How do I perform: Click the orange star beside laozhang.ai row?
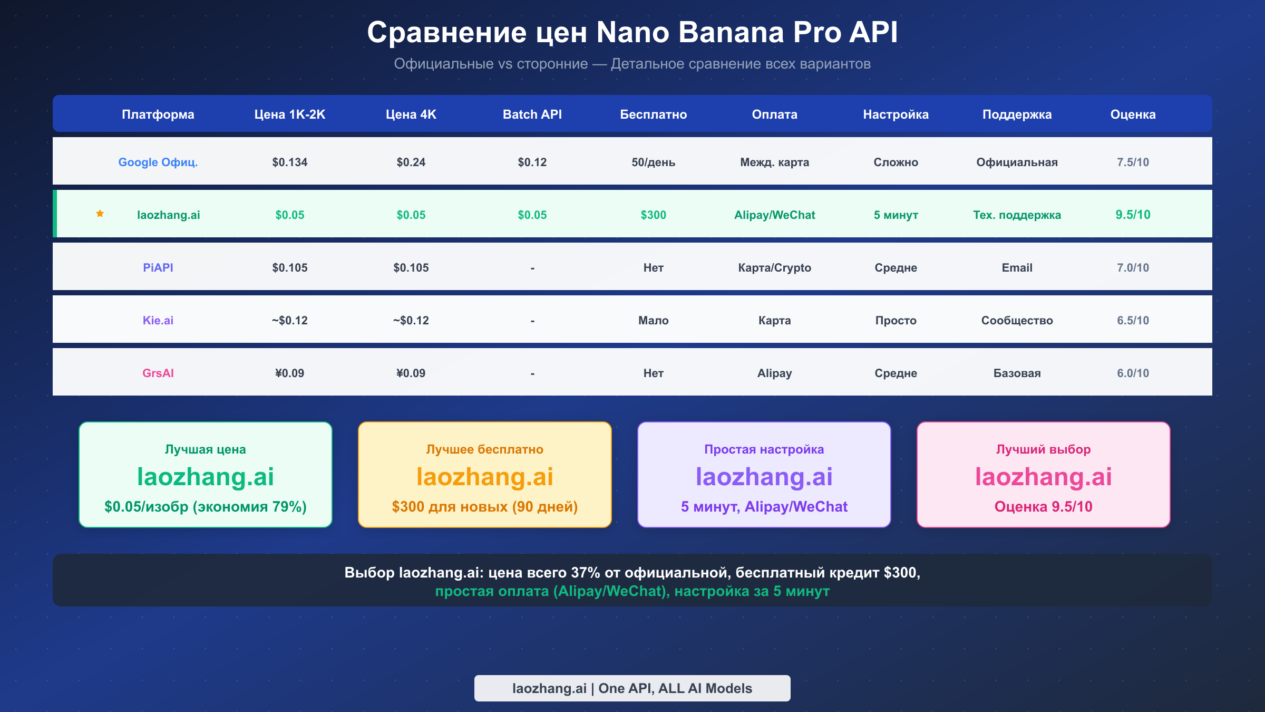(x=100, y=214)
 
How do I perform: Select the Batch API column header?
(x=532, y=114)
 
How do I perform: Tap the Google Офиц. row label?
(x=158, y=162)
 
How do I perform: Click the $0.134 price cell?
(x=289, y=162)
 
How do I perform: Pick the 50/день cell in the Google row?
(x=653, y=162)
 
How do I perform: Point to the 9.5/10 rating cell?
(x=1133, y=215)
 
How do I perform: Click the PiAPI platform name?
(x=158, y=267)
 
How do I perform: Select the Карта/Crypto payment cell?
(x=774, y=267)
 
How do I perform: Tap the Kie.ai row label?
(x=158, y=320)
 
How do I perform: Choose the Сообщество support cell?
(x=1017, y=320)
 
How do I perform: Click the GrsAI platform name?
(x=158, y=373)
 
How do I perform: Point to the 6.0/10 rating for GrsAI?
(x=1133, y=373)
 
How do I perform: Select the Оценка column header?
(x=1133, y=114)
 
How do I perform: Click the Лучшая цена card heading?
(x=205, y=449)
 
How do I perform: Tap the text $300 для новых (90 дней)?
(x=484, y=506)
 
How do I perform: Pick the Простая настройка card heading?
(x=764, y=449)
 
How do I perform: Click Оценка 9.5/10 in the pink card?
(x=1043, y=506)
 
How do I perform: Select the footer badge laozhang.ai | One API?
(x=632, y=688)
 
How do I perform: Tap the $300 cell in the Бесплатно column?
(x=653, y=215)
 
